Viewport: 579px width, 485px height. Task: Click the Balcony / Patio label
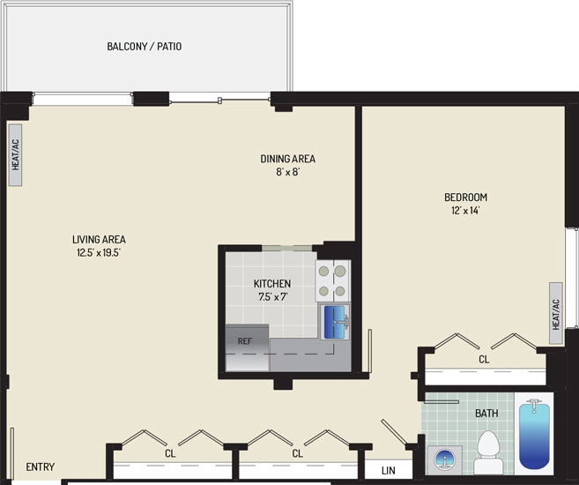pos(144,47)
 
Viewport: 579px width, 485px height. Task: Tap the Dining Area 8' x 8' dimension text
pos(287,172)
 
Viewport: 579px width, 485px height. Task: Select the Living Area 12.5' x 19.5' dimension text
pos(99,253)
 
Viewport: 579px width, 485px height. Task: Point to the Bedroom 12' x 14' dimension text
pos(465,211)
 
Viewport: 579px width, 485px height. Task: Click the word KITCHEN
pos(272,284)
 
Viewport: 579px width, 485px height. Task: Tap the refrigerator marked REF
pos(247,347)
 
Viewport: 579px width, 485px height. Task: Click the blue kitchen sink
pos(335,322)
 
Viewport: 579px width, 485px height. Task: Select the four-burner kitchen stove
pos(332,280)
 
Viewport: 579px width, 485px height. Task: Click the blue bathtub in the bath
pos(534,436)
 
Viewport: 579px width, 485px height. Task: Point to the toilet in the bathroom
pos(488,452)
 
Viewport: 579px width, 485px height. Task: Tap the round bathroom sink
pos(445,460)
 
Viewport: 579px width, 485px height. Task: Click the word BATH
pos(486,413)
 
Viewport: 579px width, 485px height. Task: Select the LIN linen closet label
pos(388,471)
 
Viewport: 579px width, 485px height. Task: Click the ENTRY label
pos(41,466)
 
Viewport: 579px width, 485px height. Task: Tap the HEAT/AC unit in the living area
pos(15,155)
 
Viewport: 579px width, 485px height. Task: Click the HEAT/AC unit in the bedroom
pos(556,313)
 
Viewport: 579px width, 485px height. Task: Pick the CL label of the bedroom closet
pos(484,359)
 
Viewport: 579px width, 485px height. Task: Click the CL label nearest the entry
pos(170,453)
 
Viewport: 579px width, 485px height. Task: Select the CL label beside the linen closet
pos(297,453)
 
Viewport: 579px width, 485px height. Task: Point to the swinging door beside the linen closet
pos(394,432)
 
